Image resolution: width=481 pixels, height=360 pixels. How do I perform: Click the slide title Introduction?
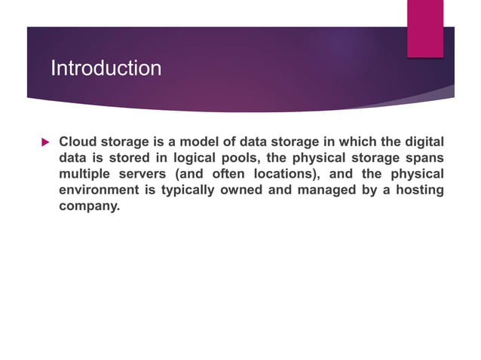[x=106, y=69]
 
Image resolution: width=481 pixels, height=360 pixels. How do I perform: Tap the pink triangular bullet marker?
[x=44, y=142]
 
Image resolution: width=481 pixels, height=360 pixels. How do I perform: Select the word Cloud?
[x=76, y=141]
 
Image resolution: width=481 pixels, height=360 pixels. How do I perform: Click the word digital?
[x=423, y=141]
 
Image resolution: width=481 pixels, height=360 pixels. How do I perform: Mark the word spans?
[x=425, y=157]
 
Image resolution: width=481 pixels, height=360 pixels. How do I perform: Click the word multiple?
[x=84, y=173]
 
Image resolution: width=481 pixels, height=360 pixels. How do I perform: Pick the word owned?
[x=241, y=189]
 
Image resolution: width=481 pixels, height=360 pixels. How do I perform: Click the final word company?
[x=89, y=205]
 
